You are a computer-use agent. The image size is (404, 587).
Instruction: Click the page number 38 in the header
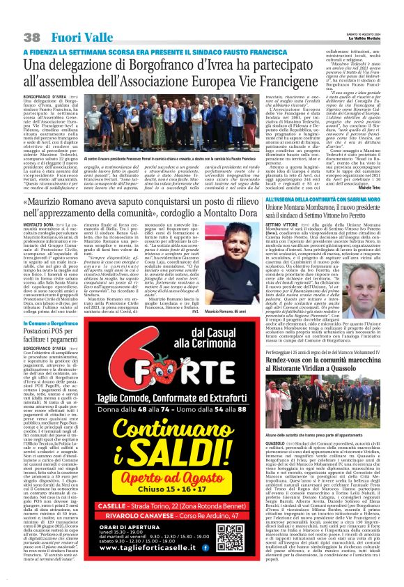tap(32, 37)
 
